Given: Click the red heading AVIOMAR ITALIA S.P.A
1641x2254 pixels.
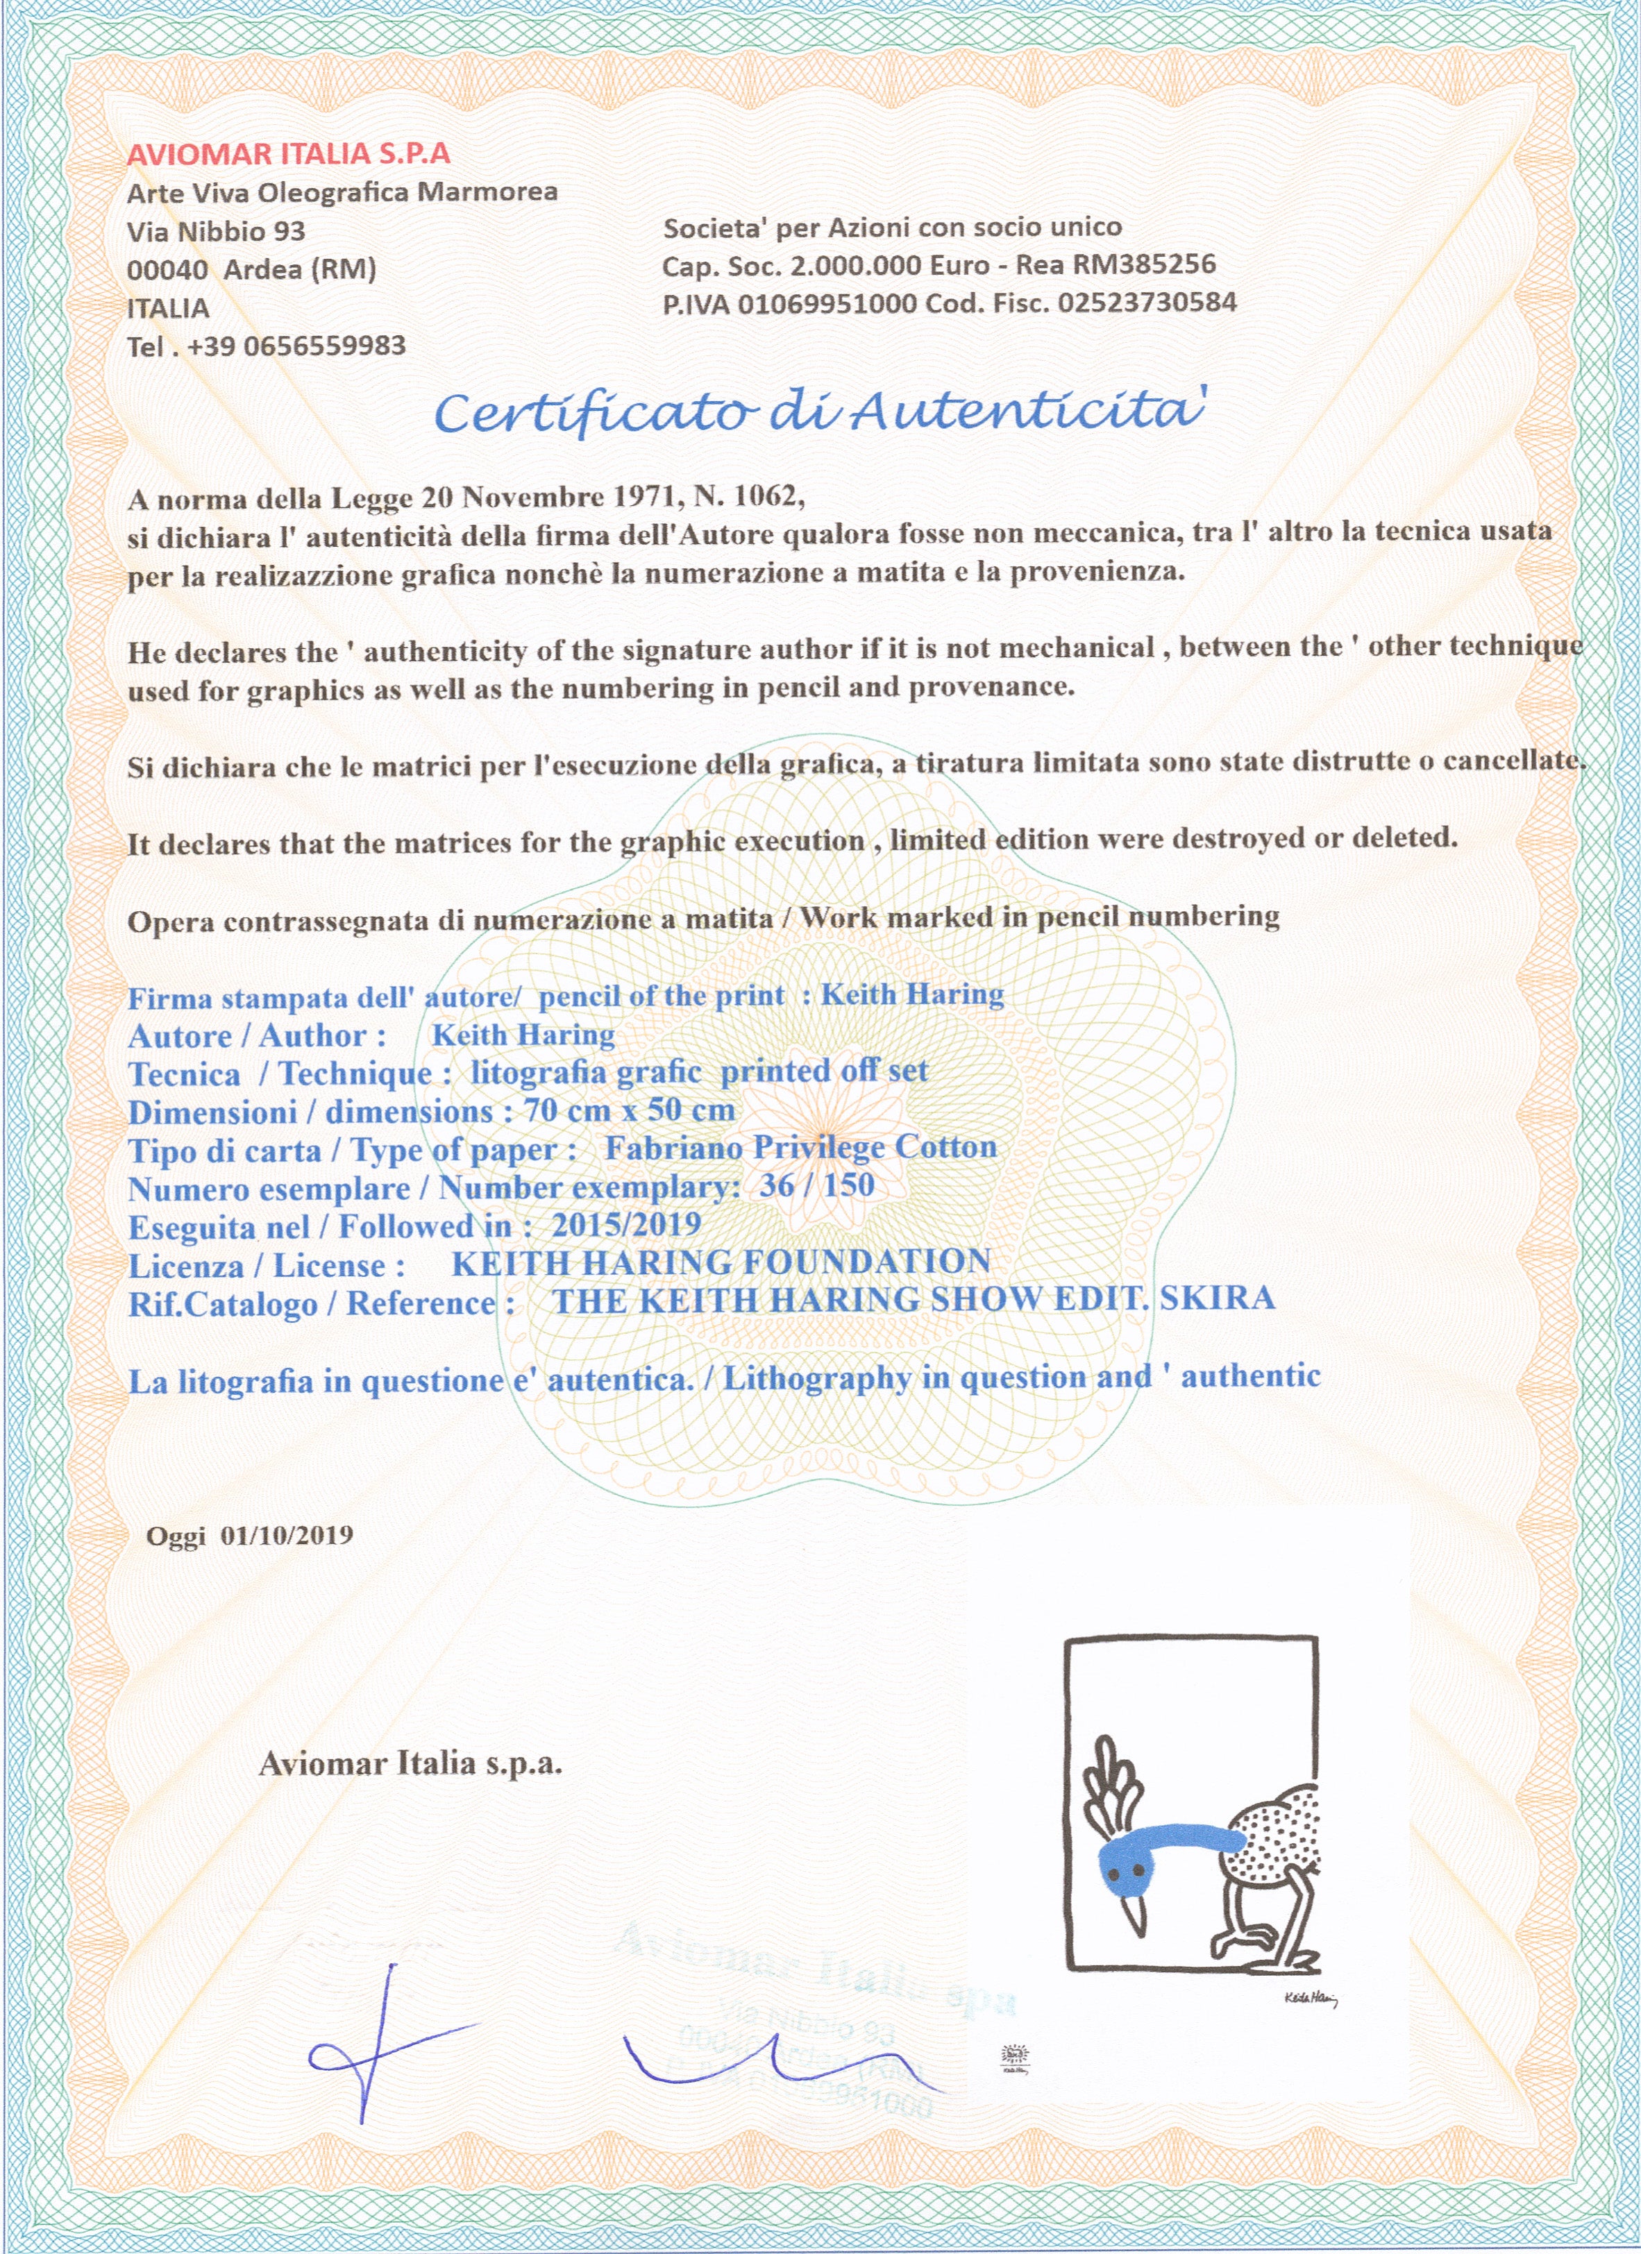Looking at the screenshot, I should (288, 153).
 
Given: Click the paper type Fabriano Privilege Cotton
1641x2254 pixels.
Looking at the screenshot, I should (800, 1147).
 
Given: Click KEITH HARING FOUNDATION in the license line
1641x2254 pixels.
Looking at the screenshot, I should (721, 1262).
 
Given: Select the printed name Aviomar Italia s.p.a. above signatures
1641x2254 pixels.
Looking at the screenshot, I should (410, 1764).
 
